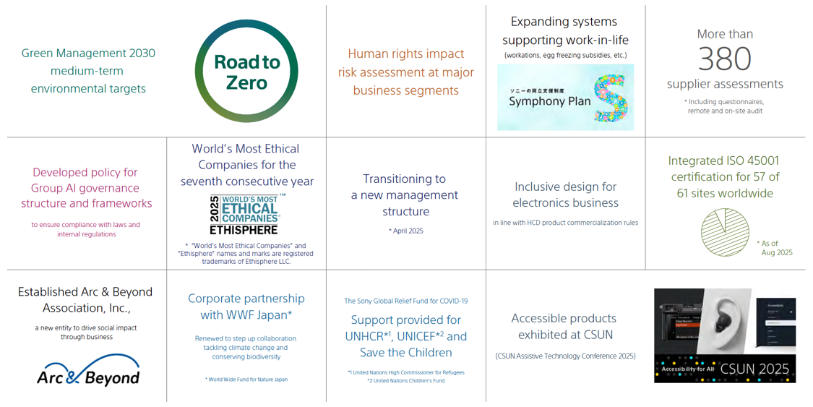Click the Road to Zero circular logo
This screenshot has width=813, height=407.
tap(246, 72)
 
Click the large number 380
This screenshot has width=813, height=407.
tap(725, 59)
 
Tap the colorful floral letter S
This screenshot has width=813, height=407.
tap(611, 97)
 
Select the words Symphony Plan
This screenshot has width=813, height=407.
tap(549, 101)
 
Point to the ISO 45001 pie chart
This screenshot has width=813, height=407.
tap(725, 232)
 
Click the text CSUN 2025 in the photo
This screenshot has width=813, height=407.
tap(754, 369)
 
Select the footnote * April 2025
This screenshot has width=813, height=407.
tap(405, 231)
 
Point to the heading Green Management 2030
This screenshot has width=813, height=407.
tap(88, 53)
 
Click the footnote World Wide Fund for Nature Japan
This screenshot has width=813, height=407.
tap(246, 379)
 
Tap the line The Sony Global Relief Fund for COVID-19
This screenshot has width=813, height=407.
tap(405, 301)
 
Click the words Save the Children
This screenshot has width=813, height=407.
tap(405, 353)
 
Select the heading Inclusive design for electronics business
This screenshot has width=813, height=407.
tap(565, 194)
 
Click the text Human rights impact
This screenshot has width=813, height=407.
tap(405, 53)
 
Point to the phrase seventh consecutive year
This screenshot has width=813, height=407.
tap(246, 181)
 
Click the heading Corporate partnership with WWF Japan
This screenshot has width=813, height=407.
tap(246, 307)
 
